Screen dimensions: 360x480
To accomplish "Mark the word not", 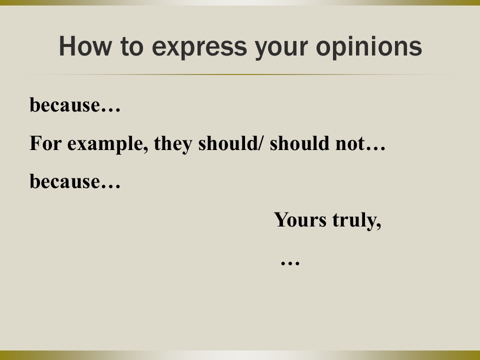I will (350, 144).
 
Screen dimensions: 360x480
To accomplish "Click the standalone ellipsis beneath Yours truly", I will (290, 262).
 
